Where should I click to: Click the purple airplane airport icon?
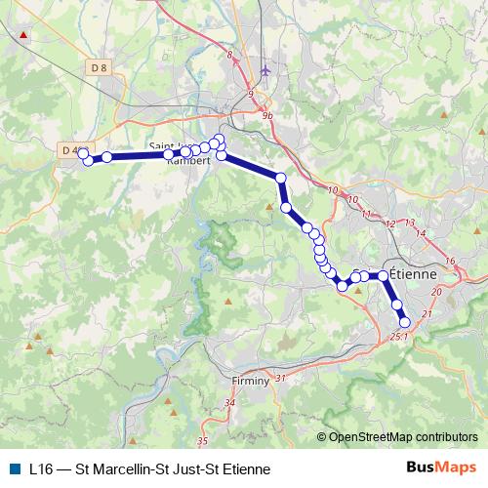click(x=265, y=72)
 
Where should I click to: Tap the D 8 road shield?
click(x=96, y=67)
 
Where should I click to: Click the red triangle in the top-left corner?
click(x=23, y=35)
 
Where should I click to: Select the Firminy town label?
click(x=251, y=381)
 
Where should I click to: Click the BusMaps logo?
click(x=442, y=468)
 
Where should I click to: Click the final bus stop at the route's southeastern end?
click(x=405, y=322)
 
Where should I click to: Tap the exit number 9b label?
click(x=268, y=115)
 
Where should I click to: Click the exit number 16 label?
click(x=450, y=262)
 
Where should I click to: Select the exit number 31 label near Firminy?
click(x=280, y=378)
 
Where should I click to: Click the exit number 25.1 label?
click(x=398, y=336)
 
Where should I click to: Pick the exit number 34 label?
click(x=230, y=402)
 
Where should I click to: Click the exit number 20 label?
click(x=435, y=292)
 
